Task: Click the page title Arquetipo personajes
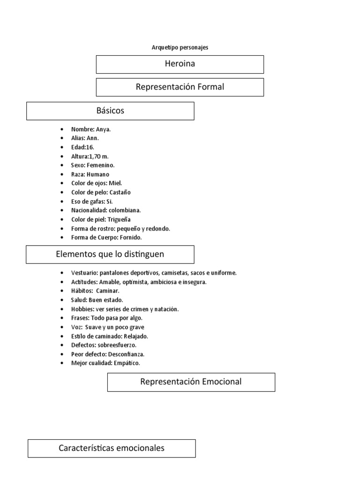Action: pos(180,47)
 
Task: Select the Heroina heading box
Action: pos(180,64)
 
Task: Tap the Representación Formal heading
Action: pos(180,87)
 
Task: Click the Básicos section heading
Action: pos(110,111)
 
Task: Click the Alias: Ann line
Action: pos(85,138)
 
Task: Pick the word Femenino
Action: pos(100,165)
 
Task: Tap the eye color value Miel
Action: pos(117,183)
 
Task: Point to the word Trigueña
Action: pos(119,219)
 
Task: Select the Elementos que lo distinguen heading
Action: pos(110,254)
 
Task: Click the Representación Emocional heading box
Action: pos(191,382)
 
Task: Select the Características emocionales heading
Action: pos(112,448)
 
